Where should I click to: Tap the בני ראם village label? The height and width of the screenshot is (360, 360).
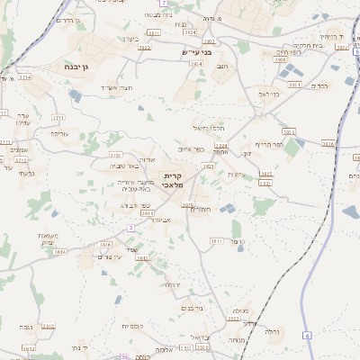[268, 93]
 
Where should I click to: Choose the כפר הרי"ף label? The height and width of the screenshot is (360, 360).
[269, 144]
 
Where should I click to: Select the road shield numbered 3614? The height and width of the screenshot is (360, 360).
[61, 252]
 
